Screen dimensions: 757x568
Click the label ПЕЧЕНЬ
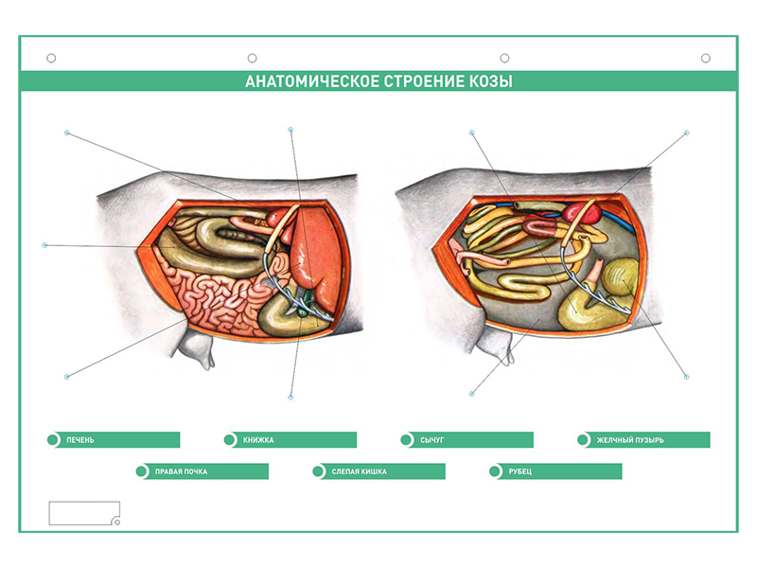pos(80,440)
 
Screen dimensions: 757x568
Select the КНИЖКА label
pos(258,440)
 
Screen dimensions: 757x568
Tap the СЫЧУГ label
pos(431,440)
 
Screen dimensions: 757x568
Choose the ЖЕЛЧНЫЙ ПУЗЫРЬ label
pos(630,440)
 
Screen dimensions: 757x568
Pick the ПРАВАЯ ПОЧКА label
pos(181,471)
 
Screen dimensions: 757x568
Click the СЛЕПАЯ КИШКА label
pos(360,471)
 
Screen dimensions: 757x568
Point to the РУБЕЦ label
pos(519,471)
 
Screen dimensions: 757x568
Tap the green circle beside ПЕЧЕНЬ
pos(53,440)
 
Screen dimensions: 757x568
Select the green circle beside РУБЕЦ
pos(495,471)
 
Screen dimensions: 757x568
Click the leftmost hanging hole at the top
pos(51,59)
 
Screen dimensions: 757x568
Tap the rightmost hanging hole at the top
pos(706,59)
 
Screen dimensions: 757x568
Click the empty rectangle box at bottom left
pos(84,513)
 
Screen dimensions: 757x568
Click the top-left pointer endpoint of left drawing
pos(67,133)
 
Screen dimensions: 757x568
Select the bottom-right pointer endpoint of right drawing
pos(687,377)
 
